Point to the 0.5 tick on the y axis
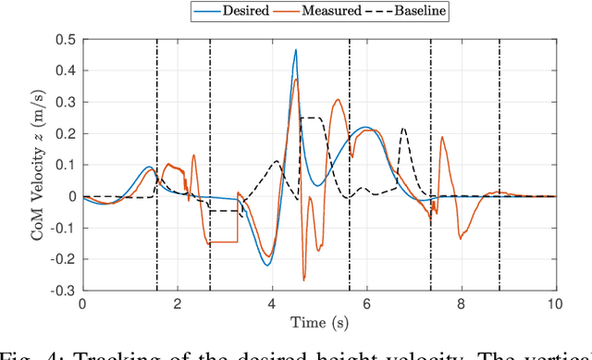click(66, 39)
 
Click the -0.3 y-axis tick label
click(62, 291)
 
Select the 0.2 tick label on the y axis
click(66, 133)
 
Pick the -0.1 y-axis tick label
click(62, 228)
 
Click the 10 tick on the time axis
click(555, 304)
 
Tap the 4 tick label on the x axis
click(272, 304)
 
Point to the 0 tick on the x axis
click(83, 304)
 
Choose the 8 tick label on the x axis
click(461, 304)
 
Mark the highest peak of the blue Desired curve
click(296, 50)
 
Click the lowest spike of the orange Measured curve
click(303, 279)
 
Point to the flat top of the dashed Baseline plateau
click(313, 118)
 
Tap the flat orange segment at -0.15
click(222, 242)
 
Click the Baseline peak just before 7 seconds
click(403, 129)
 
